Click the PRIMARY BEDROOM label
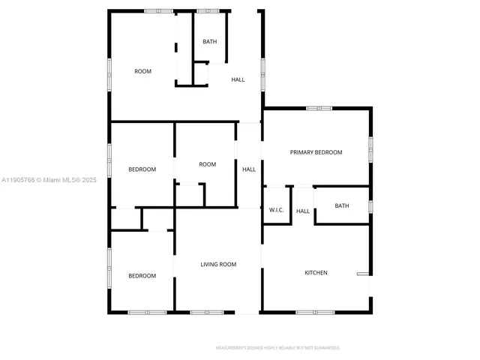click(316, 152)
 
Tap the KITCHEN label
click(315, 272)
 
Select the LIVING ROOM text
click(218, 264)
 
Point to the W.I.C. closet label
click(276, 210)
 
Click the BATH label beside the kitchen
click(342, 205)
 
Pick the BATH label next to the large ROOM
click(210, 41)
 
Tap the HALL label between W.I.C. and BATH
click(303, 211)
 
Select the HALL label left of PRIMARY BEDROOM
click(249, 169)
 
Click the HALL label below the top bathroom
click(238, 79)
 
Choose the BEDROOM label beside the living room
click(142, 276)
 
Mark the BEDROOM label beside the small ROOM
click(142, 169)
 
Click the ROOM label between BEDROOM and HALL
click(207, 164)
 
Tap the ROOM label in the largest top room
click(142, 71)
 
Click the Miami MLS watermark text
click(49, 180)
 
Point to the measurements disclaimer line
click(277, 348)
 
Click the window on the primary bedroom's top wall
click(319, 109)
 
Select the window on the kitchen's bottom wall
click(314, 312)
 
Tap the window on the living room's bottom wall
click(201, 312)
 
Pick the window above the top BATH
click(208, 11)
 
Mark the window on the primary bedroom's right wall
click(370, 148)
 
